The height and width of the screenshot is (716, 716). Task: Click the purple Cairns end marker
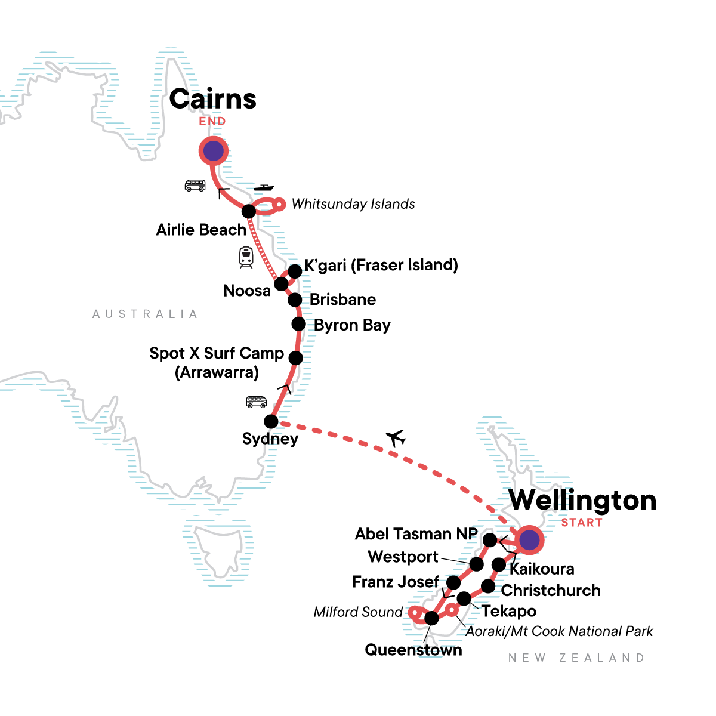[x=214, y=152]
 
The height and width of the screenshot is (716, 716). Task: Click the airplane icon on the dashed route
[x=396, y=439]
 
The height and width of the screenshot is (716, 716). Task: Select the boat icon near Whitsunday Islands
[x=263, y=188]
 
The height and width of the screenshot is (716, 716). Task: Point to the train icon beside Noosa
[x=246, y=257]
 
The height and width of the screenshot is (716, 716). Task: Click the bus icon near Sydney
[x=257, y=402]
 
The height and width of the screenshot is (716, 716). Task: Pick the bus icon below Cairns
[x=195, y=186]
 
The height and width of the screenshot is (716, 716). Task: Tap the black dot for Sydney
[x=271, y=421]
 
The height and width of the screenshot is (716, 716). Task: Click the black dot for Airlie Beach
[x=249, y=211]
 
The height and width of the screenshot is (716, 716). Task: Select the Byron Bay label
[x=352, y=325]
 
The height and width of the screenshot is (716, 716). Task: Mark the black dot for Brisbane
[x=295, y=300]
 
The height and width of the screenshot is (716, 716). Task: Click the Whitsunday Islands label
[x=353, y=204]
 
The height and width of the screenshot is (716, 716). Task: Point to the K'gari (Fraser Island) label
[x=381, y=265]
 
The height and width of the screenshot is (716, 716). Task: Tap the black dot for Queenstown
[x=431, y=618]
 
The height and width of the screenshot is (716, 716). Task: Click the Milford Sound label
[x=358, y=612]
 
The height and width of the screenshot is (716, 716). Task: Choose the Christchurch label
[x=551, y=591]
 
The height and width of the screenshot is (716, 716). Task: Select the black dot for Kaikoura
[x=499, y=564]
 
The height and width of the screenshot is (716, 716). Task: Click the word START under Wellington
[x=582, y=523]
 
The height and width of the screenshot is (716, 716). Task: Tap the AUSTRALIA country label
[x=145, y=314]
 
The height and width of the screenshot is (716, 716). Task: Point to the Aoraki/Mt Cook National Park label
[x=559, y=631]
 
